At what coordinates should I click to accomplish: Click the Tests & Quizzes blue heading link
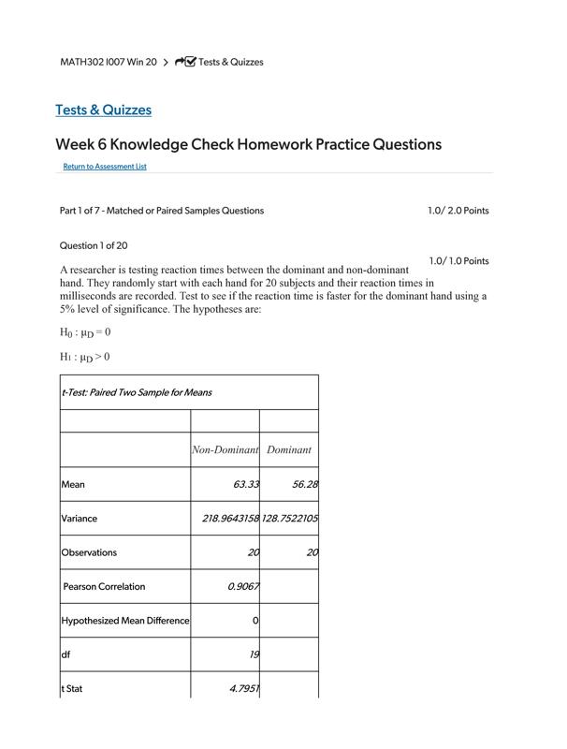pos(103,110)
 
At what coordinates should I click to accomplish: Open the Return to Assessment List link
pos(105,167)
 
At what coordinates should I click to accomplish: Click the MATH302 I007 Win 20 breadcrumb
pos(108,62)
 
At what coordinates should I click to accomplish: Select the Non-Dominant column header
pos(225,450)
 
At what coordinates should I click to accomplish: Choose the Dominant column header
pos(288,450)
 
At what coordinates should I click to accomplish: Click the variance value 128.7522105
pos(290,519)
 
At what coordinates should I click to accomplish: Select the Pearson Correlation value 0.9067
pos(243,587)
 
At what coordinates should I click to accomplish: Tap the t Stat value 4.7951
pos(244,689)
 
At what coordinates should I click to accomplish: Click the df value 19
pos(254,655)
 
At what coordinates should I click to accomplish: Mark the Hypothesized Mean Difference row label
pos(124,621)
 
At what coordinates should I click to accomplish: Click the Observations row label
pos(89,552)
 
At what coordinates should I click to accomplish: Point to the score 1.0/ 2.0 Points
pos(458,211)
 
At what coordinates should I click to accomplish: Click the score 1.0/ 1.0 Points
pos(458,261)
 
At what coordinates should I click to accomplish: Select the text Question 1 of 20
pos(94,246)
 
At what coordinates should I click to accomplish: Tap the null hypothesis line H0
pos(85,332)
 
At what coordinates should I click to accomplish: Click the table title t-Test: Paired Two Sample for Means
pos(136,392)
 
